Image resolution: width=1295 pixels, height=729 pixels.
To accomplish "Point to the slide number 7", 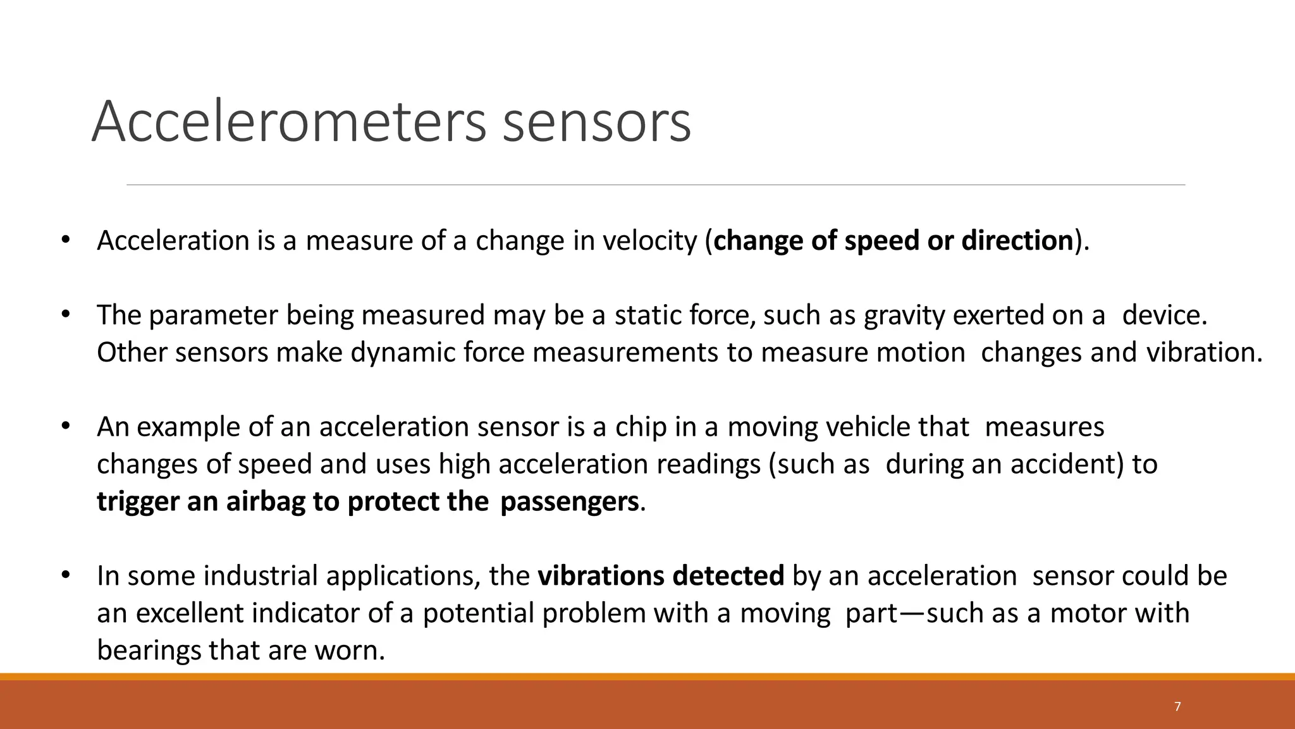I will pos(1177,707).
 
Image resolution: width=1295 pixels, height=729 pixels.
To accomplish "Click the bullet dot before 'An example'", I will pos(65,427).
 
